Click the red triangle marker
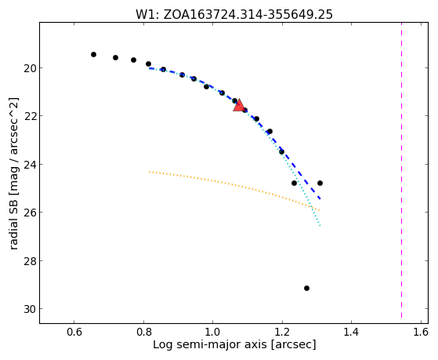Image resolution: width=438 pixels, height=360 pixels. (x=239, y=106)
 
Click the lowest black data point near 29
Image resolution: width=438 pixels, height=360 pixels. (x=306, y=288)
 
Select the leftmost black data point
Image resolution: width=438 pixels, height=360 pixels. (x=93, y=54)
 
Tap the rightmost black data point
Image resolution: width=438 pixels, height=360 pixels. (x=320, y=183)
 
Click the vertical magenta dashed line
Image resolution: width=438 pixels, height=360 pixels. (x=402, y=170)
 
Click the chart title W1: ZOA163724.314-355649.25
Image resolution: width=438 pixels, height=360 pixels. (x=234, y=14)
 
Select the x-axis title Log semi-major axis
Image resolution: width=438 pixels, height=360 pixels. (x=234, y=344)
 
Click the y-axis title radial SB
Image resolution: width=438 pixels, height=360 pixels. (x=13, y=173)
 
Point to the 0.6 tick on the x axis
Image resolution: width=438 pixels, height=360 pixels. (x=74, y=332)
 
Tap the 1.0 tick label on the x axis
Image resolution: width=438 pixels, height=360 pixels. (x=213, y=332)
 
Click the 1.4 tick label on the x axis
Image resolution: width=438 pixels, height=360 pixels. (x=351, y=332)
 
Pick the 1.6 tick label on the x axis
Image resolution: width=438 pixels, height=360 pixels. (x=421, y=332)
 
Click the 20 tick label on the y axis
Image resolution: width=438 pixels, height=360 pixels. (x=29, y=68)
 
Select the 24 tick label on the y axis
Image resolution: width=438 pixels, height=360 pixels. (x=29, y=165)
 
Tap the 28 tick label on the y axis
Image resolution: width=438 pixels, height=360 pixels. (x=29, y=261)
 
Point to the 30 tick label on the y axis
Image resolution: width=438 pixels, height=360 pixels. (x=29, y=309)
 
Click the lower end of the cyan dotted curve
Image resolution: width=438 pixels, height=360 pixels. (x=320, y=225)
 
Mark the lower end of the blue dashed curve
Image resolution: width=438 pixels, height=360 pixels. (x=320, y=199)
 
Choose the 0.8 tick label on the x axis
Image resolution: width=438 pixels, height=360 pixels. (x=143, y=332)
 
